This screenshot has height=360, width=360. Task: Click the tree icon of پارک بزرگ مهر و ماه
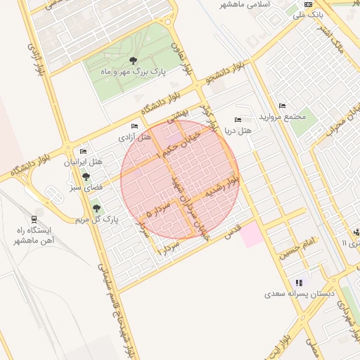point(134,60)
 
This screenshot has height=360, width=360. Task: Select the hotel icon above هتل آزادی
point(134,126)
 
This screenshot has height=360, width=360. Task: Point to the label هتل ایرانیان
point(84,162)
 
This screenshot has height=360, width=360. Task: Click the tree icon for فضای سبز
point(86,176)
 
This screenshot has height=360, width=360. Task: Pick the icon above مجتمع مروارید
point(282,105)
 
